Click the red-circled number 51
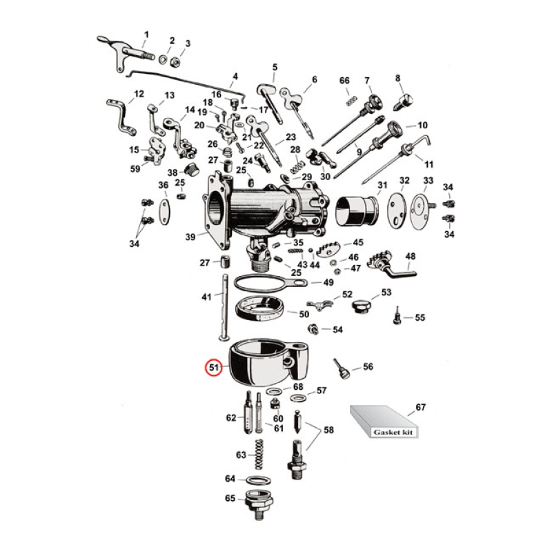[x=214, y=368]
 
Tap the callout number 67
[x=420, y=408]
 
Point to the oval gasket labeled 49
[x=266, y=284]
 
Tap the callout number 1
[x=146, y=34]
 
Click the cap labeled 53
[x=361, y=306]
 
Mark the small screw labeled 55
[x=397, y=317]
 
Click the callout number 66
[x=345, y=81]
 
